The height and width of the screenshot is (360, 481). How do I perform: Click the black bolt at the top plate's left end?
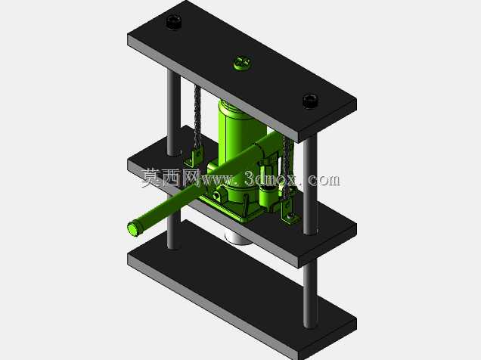(x=174, y=22)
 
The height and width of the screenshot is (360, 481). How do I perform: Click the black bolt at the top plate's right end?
(x=310, y=101)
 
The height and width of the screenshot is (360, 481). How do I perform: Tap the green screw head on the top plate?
(x=242, y=63)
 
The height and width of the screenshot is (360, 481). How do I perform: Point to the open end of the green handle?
(x=134, y=229)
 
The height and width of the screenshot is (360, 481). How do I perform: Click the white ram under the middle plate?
(x=237, y=237)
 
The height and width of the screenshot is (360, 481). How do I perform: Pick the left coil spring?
(x=197, y=116)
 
